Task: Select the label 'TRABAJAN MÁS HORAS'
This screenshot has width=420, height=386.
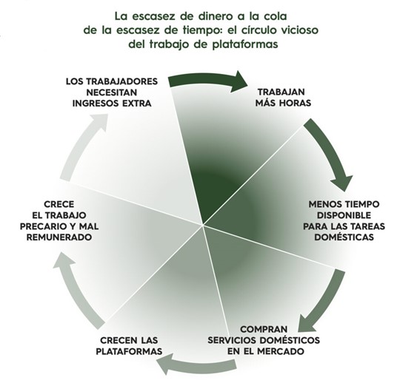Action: (283, 96)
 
